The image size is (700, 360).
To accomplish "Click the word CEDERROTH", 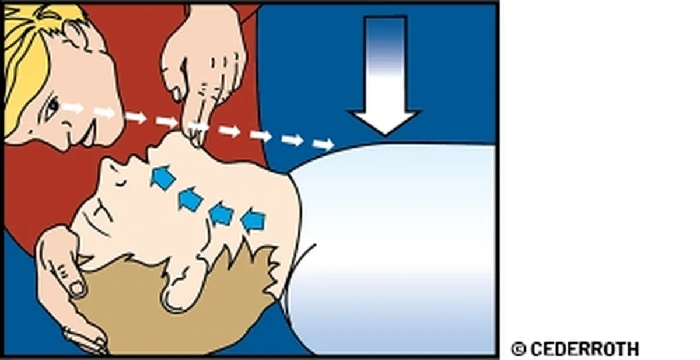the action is click(585, 349).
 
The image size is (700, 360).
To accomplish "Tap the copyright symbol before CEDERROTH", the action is click(519, 349).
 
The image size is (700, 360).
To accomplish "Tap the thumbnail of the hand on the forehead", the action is click(76, 288).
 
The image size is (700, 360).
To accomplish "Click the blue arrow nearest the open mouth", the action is click(163, 177).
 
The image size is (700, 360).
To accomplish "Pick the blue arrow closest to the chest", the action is click(253, 220).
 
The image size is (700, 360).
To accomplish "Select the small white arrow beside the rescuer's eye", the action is click(72, 108).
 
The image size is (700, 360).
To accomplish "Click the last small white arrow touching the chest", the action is click(324, 144).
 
